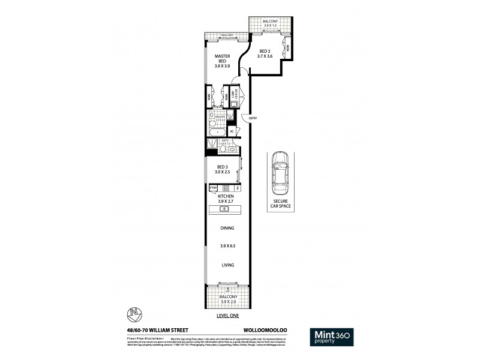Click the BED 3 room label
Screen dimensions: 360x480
pyautogui.click(x=223, y=169)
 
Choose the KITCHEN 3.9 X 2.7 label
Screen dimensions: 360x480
pyautogui.click(x=226, y=199)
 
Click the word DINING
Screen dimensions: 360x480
pyautogui.click(x=226, y=228)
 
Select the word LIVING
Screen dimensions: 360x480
pyautogui.click(x=226, y=265)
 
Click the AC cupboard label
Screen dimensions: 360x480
pyautogui.click(x=232, y=130)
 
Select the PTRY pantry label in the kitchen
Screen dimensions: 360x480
pyautogui.click(x=212, y=188)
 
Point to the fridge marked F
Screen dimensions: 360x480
pyautogui.click(x=238, y=188)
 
